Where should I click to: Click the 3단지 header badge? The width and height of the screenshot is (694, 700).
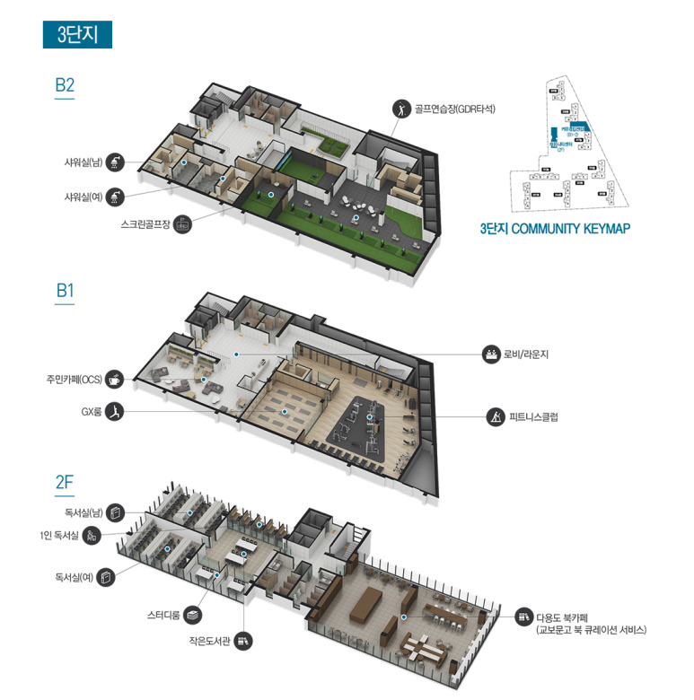click(x=76, y=34)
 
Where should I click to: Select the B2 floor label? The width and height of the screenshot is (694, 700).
click(x=65, y=86)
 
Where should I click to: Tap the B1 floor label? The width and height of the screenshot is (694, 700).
click(x=65, y=292)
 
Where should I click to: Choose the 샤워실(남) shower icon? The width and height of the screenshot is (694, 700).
click(x=115, y=162)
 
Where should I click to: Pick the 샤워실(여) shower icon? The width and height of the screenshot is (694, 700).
click(x=115, y=196)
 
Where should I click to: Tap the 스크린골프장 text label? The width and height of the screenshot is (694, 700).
click(x=145, y=224)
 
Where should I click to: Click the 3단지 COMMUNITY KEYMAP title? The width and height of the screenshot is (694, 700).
click(x=555, y=229)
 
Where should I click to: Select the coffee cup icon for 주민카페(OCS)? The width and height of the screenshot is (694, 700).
click(x=115, y=380)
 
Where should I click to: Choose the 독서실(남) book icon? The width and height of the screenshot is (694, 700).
click(x=116, y=512)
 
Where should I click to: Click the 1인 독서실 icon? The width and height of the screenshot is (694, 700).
click(x=92, y=536)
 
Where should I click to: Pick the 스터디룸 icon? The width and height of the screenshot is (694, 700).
click(x=195, y=615)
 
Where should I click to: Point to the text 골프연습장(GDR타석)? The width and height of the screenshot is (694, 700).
click(x=455, y=109)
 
